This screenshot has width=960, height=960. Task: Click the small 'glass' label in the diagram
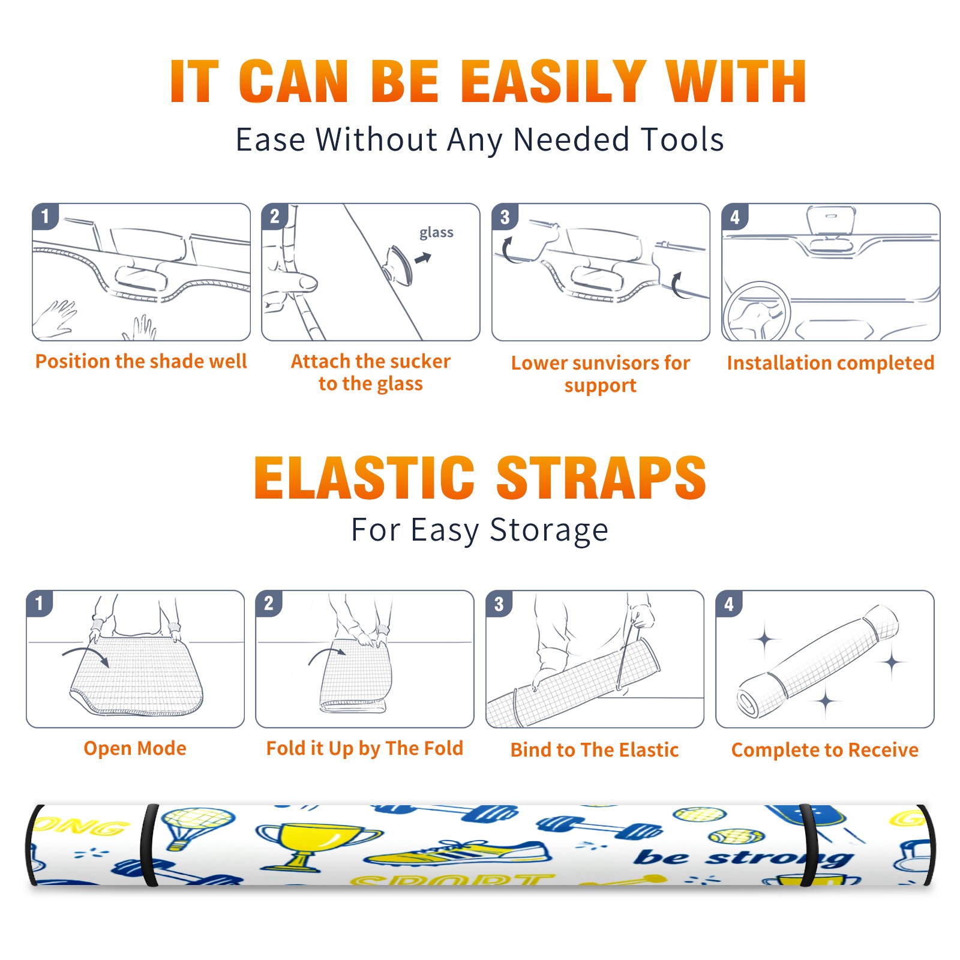[x=436, y=233]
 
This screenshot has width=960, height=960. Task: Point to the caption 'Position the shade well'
[x=141, y=361]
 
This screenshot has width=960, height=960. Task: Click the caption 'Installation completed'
[x=830, y=362]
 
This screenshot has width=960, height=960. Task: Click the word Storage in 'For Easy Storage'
[x=549, y=530]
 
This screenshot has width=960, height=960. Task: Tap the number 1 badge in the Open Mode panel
[x=40, y=603]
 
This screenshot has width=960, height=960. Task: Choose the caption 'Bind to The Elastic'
[x=594, y=749]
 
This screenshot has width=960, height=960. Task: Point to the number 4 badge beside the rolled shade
[x=729, y=603]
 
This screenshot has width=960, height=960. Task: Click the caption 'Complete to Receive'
[x=825, y=750]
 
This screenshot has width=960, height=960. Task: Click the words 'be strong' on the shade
[x=744, y=858]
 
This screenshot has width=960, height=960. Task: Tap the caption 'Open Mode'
[x=135, y=748]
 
